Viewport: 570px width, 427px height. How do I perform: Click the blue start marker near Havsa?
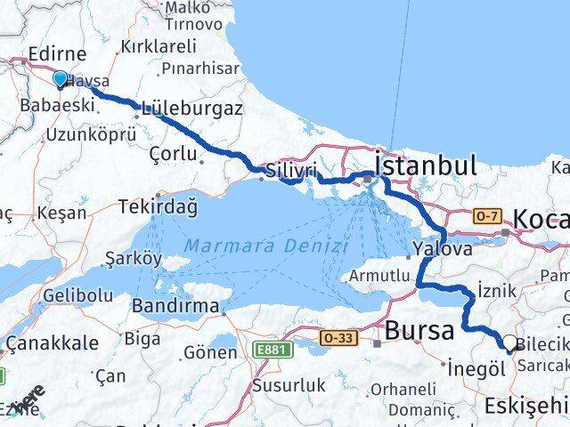tap(60, 80)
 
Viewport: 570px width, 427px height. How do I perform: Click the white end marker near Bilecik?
tap(509, 342)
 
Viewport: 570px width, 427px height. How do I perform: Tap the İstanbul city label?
tap(425, 165)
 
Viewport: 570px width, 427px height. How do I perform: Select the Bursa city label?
tap(419, 331)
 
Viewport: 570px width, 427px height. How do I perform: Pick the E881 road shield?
tap(271, 350)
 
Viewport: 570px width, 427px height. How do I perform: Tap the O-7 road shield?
tap(486, 214)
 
